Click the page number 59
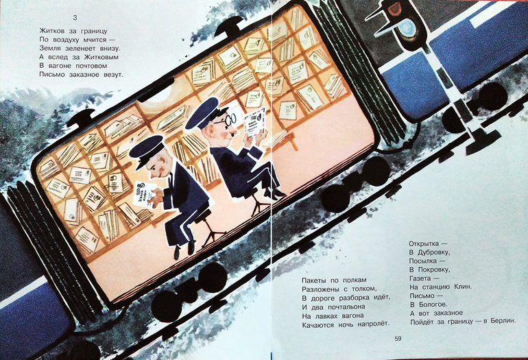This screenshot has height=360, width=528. point(398,339)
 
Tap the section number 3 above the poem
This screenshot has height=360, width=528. point(75,18)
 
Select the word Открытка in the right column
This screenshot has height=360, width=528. point(424,243)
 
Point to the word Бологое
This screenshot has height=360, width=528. point(433,304)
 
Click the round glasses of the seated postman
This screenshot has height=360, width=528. point(230,119)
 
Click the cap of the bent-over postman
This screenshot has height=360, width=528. point(147,151)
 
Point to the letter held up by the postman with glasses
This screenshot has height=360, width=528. point(254,122)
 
